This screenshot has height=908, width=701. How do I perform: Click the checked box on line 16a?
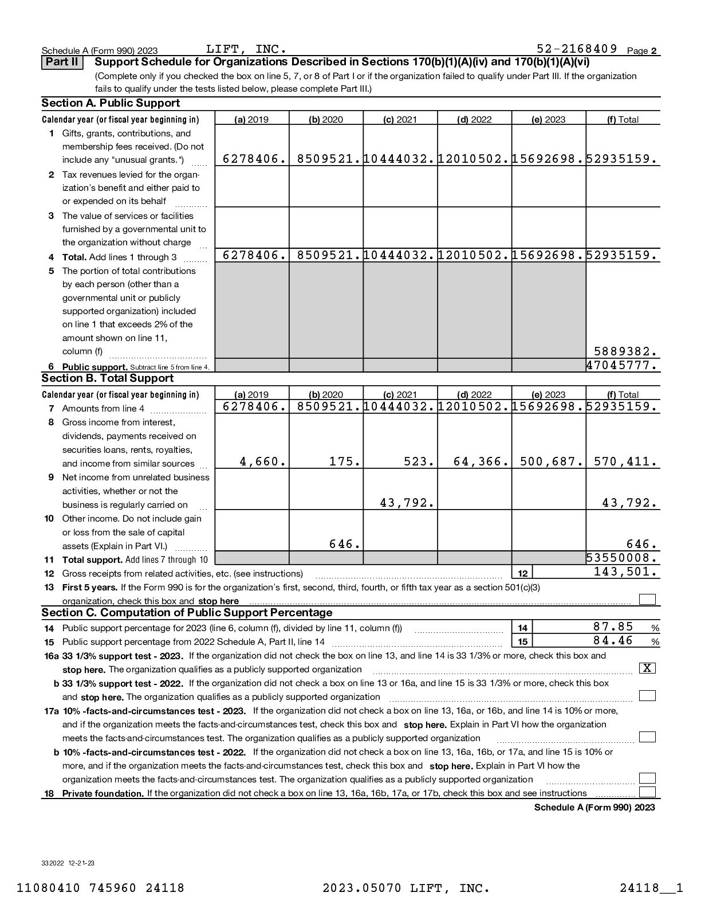[647, 668]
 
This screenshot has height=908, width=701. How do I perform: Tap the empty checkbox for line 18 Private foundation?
[647, 792]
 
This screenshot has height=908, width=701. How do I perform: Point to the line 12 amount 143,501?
[625, 572]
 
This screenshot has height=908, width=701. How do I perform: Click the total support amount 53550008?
[622, 558]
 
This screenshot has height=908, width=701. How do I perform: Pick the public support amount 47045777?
[622, 365]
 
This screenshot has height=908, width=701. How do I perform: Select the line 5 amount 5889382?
[625, 351]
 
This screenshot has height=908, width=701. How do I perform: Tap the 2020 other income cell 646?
[345, 544]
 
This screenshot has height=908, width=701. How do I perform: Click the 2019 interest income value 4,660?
[263, 461]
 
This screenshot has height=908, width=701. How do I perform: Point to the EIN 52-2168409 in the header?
[577, 49]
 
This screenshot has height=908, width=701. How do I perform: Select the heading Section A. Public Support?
[111, 103]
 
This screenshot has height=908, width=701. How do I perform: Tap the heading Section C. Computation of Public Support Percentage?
[187, 613]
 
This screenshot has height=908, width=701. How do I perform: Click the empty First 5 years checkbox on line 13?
[647, 600]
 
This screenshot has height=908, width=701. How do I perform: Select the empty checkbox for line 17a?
[647, 737]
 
